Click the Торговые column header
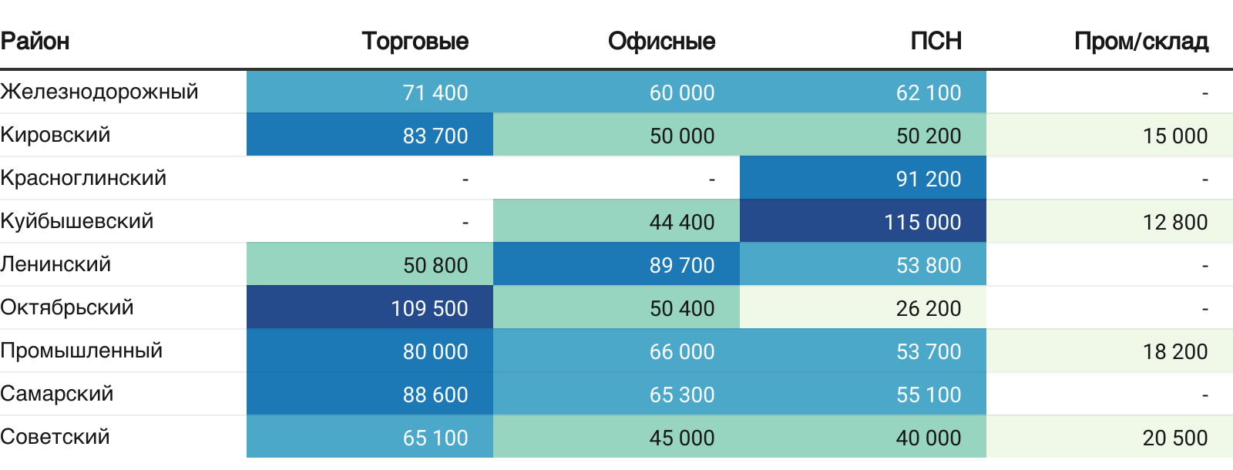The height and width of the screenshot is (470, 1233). coord(415,41)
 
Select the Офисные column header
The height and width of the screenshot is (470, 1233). coord(661,41)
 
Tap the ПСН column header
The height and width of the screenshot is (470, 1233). coord(936,41)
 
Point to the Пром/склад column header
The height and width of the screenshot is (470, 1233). coord(1141,41)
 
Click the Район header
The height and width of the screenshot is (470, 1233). coord(35,41)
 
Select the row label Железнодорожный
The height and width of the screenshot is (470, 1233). coord(99,92)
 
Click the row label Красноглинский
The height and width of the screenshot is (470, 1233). coord(83,178)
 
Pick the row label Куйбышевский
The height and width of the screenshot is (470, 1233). coord(77,221)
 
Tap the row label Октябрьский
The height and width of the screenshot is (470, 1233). coord(67,307)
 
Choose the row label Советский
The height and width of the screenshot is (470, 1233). coord(55,437)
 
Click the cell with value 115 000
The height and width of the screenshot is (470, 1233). coord(922,222)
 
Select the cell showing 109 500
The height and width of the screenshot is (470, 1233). coord(429,308)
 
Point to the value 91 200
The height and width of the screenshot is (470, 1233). coord(928,179)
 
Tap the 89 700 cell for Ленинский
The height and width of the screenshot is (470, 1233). coord(681,265)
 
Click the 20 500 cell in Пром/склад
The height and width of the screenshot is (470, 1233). coord(1174,438)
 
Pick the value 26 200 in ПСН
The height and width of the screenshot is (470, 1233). coord(928,308)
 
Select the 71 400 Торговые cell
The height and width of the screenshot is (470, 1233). coord(435,92)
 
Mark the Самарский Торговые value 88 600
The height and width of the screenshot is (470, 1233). coord(435,394)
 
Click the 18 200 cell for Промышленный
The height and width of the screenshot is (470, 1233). coord(1174,351)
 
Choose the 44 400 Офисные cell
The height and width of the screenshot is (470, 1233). coord(681,222)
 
